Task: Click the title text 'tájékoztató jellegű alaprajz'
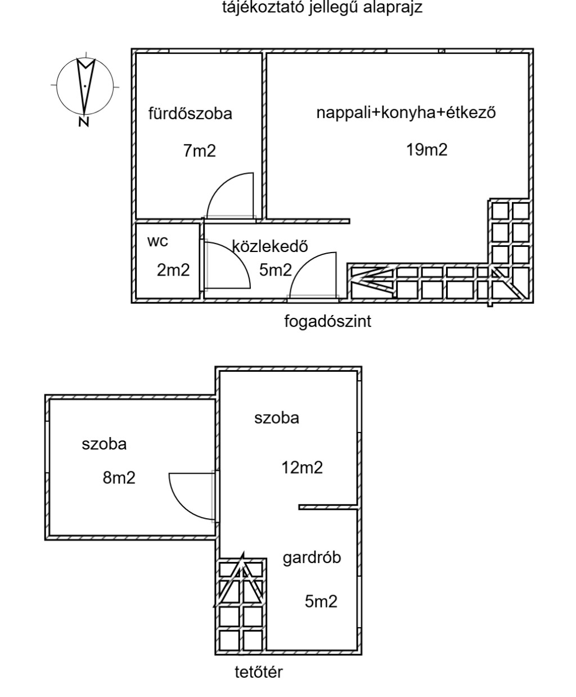click(x=323, y=7)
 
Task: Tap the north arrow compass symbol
click(x=85, y=85)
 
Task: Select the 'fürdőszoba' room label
click(x=190, y=114)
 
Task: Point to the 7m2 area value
click(x=199, y=151)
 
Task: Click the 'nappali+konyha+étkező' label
click(x=406, y=113)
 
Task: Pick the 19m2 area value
click(x=427, y=150)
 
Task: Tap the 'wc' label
click(x=157, y=242)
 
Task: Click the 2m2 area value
click(x=173, y=271)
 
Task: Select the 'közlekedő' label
click(x=269, y=246)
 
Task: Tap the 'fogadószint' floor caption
click(x=328, y=322)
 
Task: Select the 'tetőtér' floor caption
click(x=259, y=672)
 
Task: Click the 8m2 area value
click(x=119, y=478)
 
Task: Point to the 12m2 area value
click(x=302, y=467)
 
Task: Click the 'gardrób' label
click(x=312, y=559)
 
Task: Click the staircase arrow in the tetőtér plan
click(x=241, y=579)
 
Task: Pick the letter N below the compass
click(x=84, y=122)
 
